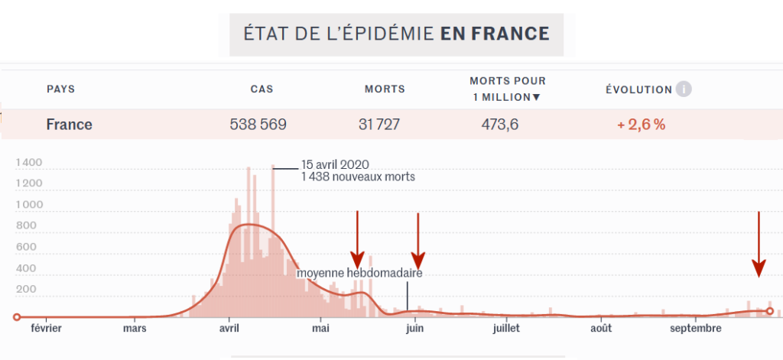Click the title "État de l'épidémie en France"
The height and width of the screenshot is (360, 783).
(396, 34)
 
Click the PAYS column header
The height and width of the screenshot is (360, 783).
(61, 89)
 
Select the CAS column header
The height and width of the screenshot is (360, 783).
(262, 89)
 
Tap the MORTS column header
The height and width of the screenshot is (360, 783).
(385, 89)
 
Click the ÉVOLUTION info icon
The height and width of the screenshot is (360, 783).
(684, 89)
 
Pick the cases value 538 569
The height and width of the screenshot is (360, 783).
(258, 124)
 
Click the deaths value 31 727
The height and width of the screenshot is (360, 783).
(379, 124)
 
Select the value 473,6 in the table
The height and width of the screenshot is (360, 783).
(499, 124)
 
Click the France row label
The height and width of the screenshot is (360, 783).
(69, 124)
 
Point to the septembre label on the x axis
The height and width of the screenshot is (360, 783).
(696, 329)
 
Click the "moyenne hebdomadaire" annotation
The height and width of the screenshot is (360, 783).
(359, 273)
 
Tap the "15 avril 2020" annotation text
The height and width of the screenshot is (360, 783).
(336, 164)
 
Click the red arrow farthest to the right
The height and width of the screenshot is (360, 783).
(758, 245)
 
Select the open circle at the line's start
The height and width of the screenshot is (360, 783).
(17, 316)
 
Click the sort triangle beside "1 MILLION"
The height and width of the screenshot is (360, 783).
(536, 97)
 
